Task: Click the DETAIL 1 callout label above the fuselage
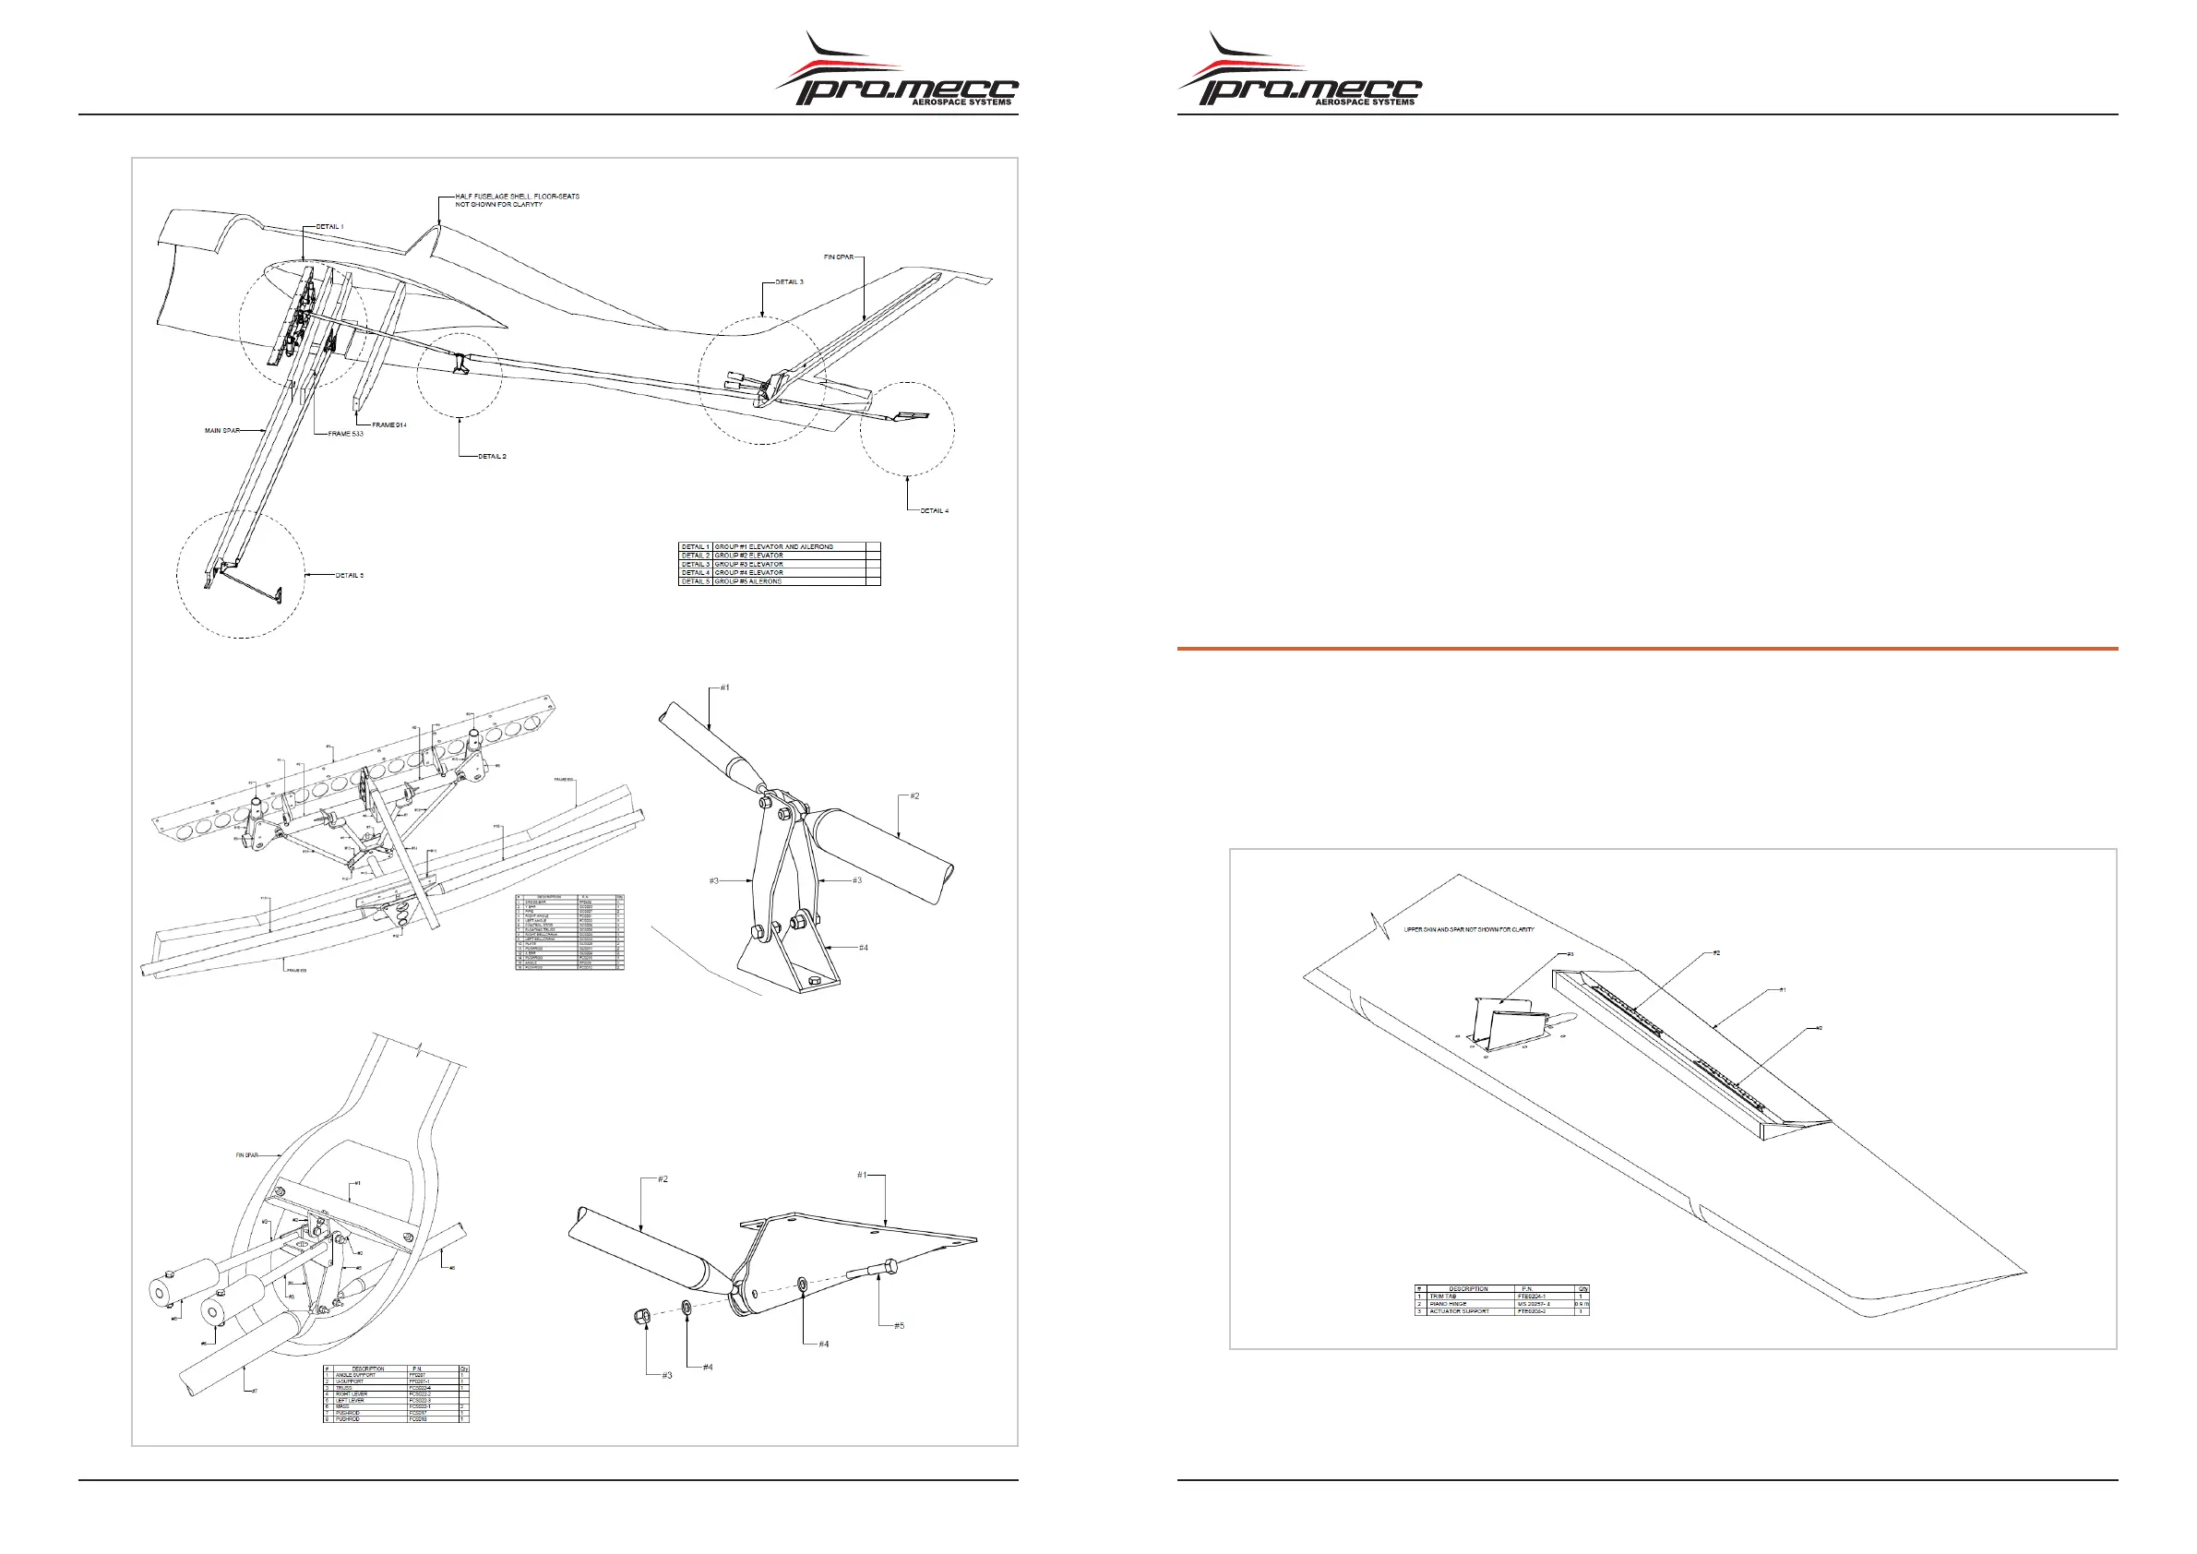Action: [x=329, y=227]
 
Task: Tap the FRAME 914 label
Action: [x=389, y=424]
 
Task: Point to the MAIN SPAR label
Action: [x=222, y=431]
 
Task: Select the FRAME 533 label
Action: [x=345, y=435]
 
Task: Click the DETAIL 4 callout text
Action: [x=934, y=511]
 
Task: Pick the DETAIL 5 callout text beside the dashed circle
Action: [x=350, y=576]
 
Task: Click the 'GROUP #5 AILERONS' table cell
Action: [x=748, y=581]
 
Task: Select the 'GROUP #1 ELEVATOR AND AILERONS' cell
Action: [x=774, y=547]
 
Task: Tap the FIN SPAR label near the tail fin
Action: [x=838, y=257]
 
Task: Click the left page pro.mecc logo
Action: [x=897, y=72]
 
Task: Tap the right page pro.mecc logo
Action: [x=1299, y=72]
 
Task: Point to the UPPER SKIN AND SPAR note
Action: [x=1469, y=929]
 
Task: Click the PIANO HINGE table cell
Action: [x=1448, y=1304]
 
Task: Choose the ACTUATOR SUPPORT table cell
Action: [x=1459, y=1311]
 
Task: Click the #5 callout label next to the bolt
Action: [x=899, y=1326]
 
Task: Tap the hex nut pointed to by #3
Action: [x=643, y=1317]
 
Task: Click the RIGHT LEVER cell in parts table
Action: [x=352, y=1394]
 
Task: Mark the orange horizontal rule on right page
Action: [x=1647, y=649]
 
